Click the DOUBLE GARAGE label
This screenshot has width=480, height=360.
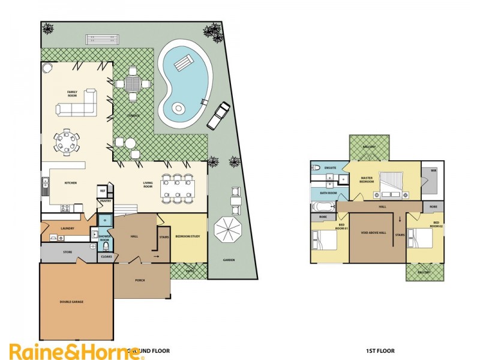pos(71,302)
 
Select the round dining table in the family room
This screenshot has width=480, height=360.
pos(67,143)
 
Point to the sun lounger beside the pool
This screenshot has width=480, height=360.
pos(217,115)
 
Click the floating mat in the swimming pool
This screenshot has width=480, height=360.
pos(184,61)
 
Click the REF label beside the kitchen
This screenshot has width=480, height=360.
pos(102,191)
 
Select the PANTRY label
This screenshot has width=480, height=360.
pos(105,202)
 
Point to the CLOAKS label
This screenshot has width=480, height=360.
pos(106,256)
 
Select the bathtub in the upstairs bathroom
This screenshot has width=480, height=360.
pos(319,207)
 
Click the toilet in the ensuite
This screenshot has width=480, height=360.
pos(314,169)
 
